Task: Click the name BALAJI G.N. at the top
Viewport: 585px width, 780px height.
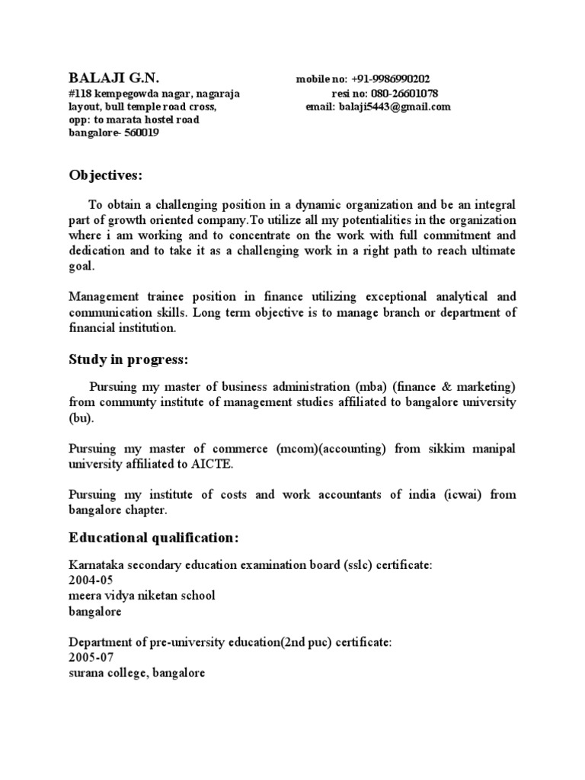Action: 114,78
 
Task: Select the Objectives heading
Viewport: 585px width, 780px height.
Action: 106,176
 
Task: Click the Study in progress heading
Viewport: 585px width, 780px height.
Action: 128,360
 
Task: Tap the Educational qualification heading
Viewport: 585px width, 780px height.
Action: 154,539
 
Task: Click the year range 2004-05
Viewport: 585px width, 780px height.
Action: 91,580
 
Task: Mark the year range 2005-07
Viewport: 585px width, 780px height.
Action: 91,657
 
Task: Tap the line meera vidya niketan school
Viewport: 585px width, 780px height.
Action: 142,595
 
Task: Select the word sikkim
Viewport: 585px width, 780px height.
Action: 449,449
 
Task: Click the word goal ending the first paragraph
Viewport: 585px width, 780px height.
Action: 82,266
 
